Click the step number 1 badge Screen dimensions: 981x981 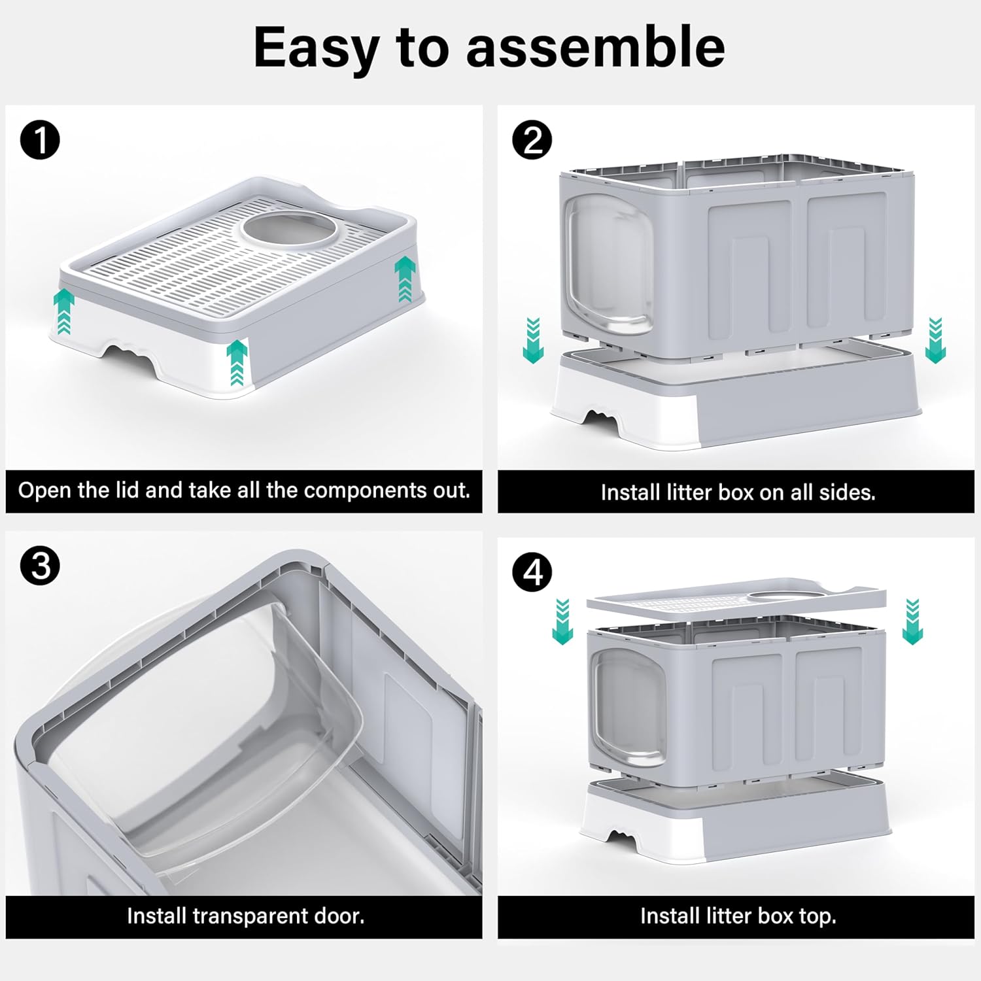click(x=40, y=141)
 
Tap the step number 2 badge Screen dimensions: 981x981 click(x=532, y=141)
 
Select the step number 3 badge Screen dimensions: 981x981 click(x=40, y=565)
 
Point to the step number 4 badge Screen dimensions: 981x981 click(x=532, y=572)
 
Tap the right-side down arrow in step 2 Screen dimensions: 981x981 click(x=935, y=340)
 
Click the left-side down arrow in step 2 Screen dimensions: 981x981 click(x=533, y=340)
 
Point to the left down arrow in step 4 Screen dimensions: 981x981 click(x=562, y=621)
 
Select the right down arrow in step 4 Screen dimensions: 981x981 click(x=912, y=621)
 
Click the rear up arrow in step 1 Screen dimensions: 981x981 click(x=405, y=279)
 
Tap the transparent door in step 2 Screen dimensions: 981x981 click(x=608, y=268)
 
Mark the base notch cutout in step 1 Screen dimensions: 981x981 click(x=131, y=351)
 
